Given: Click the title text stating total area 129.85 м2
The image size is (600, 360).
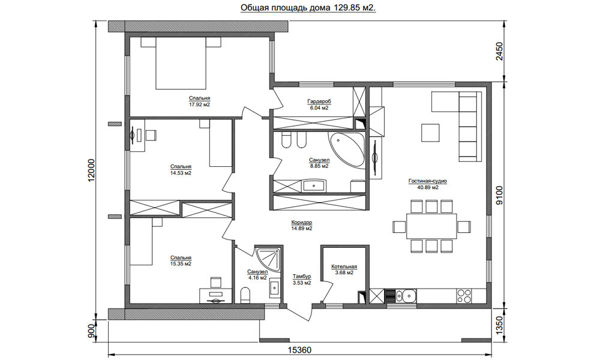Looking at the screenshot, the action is (308, 8).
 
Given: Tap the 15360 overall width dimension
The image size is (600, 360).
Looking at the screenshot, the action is (299, 350).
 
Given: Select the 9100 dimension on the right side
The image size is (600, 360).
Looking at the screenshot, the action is (499, 196).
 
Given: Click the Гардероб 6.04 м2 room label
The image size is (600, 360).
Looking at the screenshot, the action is (319, 104).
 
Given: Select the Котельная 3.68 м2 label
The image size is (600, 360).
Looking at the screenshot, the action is (344, 270).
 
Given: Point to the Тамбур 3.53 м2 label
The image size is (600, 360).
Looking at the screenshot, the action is (302, 280).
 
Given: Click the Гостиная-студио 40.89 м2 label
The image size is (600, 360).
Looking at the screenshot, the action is (427, 184).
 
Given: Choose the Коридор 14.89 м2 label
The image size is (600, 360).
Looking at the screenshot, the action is (302, 226).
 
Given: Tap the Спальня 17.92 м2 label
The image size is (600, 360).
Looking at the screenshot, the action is (199, 101).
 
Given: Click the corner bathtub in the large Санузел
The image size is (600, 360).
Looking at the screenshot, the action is (347, 150).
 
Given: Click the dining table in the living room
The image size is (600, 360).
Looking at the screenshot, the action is (431, 226).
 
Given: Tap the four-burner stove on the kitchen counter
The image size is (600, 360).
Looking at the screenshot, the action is (464, 296).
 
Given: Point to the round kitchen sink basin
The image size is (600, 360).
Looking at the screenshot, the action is (409, 296).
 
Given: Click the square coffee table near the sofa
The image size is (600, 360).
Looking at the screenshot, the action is (431, 133).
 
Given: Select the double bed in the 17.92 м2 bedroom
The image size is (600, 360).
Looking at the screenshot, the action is (181, 63).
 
